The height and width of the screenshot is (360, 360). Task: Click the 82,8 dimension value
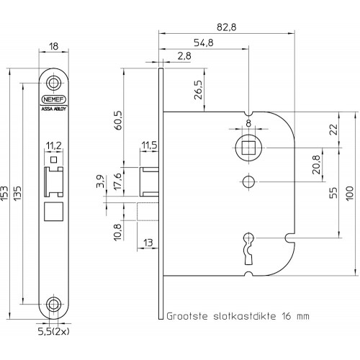pyautogui.click(x=226, y=27)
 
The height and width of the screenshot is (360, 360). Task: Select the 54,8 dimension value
pyautogui.click(x=203, y=42)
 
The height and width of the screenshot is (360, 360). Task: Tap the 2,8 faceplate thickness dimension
pyautogui.click(x=184, y=56)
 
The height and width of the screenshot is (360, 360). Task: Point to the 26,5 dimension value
pyautogui.click(x=199, y=90)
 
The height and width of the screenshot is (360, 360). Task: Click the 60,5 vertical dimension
pyautogui.click(x=118, y=120)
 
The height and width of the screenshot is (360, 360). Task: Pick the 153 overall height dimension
pyautogui.click(x=4, y=193)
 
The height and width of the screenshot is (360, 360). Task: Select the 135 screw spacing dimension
pyautogui.click(x=17, y=193)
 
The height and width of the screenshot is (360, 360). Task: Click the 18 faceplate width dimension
pyautogui.click(x=53, y=46)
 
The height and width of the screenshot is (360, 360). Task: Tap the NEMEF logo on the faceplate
pyautogui.click(x=53, y=99)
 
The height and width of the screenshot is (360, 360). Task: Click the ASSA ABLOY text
pyautogui.click(x=53, y=109)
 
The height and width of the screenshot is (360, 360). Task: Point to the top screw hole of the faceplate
pyautogui.click(x=53, y=83)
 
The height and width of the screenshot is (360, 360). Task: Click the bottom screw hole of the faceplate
pyautogui.click(x=53, y=305)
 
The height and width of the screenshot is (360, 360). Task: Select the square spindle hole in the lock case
pyautogui.click(x=248, y=148)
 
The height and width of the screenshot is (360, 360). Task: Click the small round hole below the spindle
pyautogui.click(x=248, y=182)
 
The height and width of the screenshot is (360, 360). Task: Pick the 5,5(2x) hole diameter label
pyautogui.click(x=54, y=331)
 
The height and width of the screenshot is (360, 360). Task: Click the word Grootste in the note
pyautogui.click(x=187, y=316)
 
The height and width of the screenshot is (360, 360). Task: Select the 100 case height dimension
pyautogui.click(x=350, y=193)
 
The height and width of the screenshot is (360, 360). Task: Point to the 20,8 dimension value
pyautogui.click(x=316, y=165)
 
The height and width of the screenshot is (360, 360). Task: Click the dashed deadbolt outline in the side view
pyautogui.click(x=148, y=212)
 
